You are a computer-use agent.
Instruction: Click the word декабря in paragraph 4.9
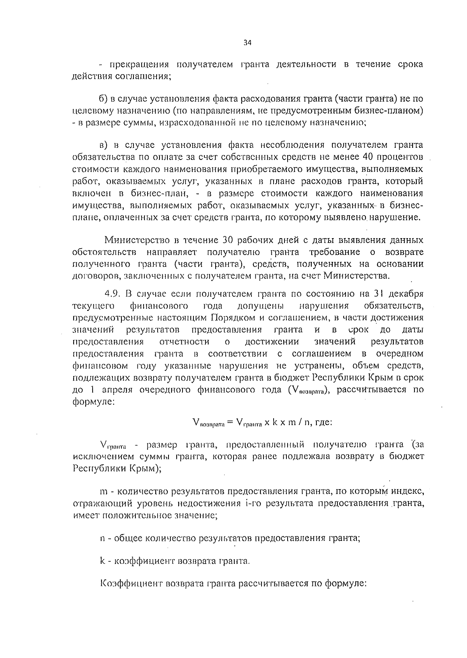point(408,293)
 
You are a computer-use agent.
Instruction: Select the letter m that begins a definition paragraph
point(104,491)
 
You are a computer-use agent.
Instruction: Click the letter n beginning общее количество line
point(103,539)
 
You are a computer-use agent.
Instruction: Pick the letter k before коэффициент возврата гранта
point(103,561)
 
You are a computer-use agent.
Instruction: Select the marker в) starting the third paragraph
point(103,145)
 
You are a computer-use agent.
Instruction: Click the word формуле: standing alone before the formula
point(93,402)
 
